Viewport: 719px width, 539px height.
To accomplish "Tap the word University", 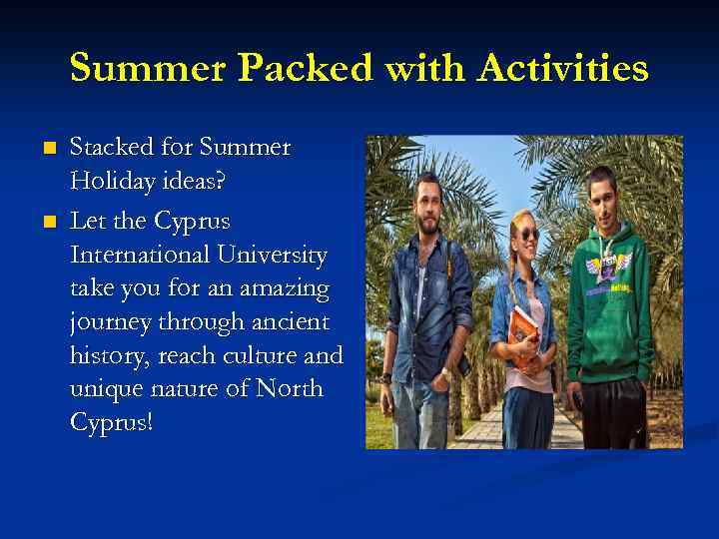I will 277,255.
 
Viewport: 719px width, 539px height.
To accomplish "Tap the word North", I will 290,388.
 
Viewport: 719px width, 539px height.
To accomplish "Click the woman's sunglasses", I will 527,234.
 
